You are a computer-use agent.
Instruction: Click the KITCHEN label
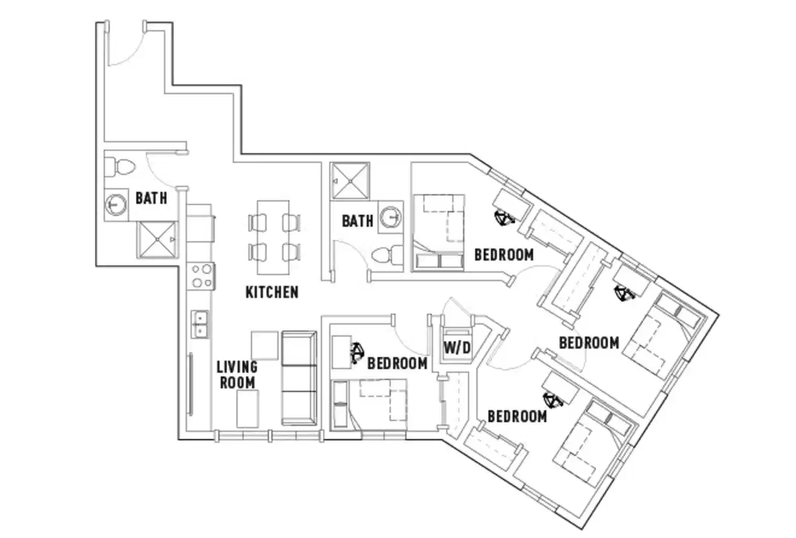pos(271,293)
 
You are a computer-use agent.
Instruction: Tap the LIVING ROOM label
pos(237,374)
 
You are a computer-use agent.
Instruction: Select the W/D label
pos(457,348)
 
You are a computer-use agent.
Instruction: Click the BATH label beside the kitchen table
pos(358,221)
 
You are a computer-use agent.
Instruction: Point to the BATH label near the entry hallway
pos(151,198)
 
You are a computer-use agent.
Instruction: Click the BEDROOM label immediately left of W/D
pos(397,363)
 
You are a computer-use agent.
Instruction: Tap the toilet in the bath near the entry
pos(118,166)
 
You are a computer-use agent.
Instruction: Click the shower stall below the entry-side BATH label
pos(157,239)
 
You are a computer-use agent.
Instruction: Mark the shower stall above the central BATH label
pos(350,180)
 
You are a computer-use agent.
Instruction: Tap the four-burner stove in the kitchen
pos(201,276)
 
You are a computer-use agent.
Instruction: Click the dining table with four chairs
pos(273,236)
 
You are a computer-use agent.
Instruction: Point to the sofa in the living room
pos(299,378)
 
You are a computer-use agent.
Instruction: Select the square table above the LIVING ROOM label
pos(264,345)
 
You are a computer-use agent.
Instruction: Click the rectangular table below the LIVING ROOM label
pos(247,408)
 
